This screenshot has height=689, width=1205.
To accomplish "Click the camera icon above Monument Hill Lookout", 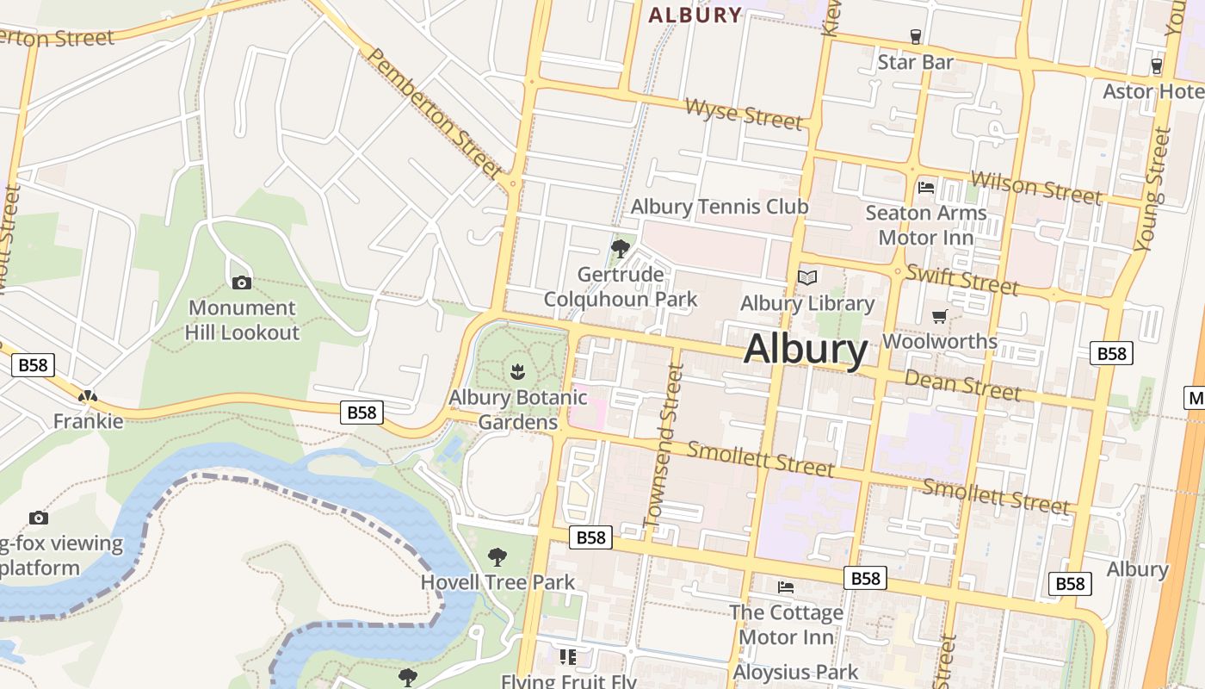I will pos(242,282).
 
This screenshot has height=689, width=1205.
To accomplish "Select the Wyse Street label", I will pos(744,113).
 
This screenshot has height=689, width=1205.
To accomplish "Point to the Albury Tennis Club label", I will pos(720,207).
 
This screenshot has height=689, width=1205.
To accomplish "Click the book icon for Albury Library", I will pos(807,277).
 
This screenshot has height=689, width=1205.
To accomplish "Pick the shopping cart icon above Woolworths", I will pos(939,316).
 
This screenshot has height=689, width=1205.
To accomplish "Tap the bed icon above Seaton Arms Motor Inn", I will pos(926,187).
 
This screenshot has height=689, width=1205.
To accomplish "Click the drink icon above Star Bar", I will pos(915,36).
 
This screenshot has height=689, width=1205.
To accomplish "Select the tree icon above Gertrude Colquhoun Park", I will pos(620,249).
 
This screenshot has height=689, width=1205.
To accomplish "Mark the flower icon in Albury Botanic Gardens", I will pos(517,372).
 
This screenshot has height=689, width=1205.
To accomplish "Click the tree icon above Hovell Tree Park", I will pos(497,557).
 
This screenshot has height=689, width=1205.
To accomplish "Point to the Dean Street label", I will pos(962,384).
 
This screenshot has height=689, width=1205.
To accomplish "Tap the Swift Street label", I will pos(961,279).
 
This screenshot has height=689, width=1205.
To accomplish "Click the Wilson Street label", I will pos(1035,188).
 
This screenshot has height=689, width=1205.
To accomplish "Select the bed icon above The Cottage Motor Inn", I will pos(786,587).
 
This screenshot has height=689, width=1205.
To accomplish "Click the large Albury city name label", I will pos(806,350).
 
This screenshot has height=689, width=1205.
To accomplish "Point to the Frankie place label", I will pos(89,421).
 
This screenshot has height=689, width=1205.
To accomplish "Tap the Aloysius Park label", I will pos(795,672).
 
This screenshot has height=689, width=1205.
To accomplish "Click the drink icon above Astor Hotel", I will pos(1156,65).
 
